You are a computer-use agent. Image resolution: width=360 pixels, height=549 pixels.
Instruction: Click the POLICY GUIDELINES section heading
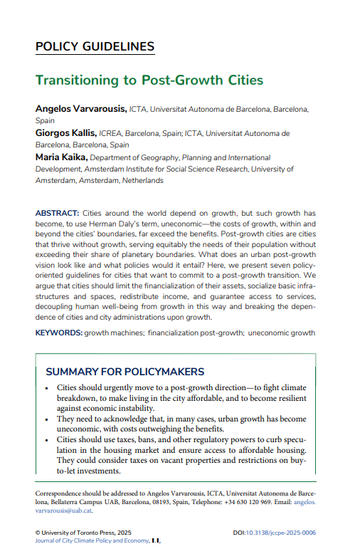click(95, 47)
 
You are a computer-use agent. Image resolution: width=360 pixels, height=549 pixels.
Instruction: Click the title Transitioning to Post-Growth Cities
click(149, 80)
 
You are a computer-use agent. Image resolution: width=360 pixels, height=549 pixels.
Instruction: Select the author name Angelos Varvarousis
click(80, 109)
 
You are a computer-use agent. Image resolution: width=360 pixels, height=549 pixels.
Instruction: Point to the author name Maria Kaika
click(62, 157)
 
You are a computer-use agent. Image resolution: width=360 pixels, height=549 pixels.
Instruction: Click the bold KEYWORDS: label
click(58, 333)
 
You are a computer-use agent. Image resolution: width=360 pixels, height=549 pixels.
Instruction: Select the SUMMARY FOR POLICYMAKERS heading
click(125, 372)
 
